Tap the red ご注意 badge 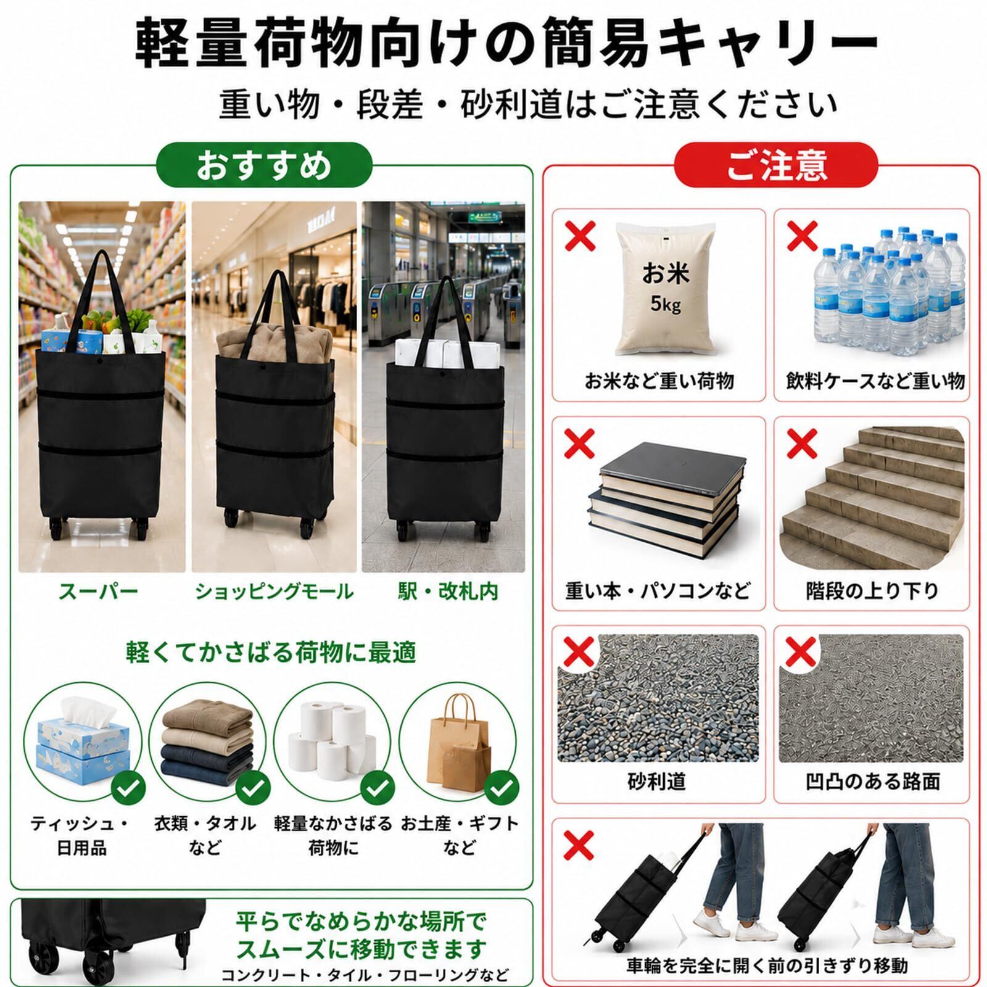coord(776,165)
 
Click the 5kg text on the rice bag coord(665,304)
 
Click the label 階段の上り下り coord(872,590)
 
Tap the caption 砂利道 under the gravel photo coord(657,782)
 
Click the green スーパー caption coord(98,592)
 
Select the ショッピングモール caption coord(274,592)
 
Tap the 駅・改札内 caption coord(447,592)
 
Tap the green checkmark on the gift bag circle coord(501,788)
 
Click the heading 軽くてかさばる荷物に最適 coord(271,652)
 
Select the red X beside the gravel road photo coord(579,651)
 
